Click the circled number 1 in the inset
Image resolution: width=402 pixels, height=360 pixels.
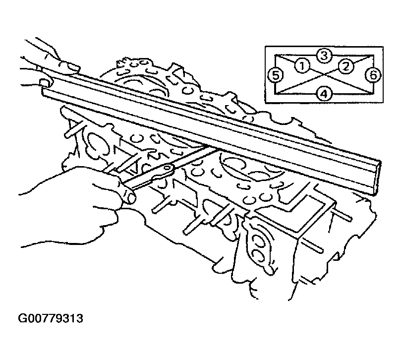tap(302, 65)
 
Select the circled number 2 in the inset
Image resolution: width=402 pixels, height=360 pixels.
tap(346, 66)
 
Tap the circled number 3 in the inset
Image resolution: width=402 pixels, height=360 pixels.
tap(324, 56)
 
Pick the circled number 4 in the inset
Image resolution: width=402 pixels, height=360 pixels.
tap(324, 94)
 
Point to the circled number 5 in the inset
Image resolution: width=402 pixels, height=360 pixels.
tap(275, 75)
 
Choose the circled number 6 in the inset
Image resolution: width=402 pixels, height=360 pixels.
tap(373, 75)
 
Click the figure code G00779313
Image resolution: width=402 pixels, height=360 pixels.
tap(51, 318)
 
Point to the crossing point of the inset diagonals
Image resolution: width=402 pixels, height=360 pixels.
tap(324, 74)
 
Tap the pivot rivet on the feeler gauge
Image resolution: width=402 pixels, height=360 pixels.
tap(167, 168)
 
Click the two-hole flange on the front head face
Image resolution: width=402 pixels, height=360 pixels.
tap(258, 245)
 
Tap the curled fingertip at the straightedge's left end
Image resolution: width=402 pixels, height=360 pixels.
tap(46, 83)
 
